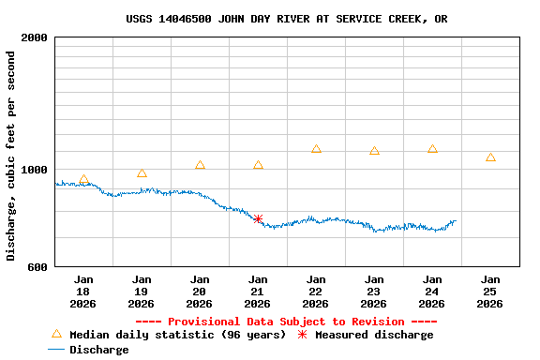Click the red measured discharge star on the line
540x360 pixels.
click(x=258, y=218)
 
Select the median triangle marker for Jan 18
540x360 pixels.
click(x=83, y=180)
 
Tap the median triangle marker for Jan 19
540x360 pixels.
click(x=142, y=173)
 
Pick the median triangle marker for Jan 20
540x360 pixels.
click(x=200, y=165)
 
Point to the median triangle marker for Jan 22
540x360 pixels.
click(x=316, y=149)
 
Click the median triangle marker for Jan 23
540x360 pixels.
click(x=374, y=151)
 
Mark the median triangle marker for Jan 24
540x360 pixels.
click(x=432, y=149)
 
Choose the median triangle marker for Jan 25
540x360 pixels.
click(x=490, y=157)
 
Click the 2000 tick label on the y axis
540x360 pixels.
click(x=34, y=38)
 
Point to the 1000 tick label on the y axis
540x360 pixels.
click(x=34, y=170)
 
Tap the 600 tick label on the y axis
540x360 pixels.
click(x=37, y=267)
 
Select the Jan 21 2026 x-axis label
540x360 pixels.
click(x=258, y=292)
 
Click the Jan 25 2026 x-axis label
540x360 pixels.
click(x=490, y=292)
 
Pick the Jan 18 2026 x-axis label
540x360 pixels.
click(x=83, y=292)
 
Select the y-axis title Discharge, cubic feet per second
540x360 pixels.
click(x=11, y=156)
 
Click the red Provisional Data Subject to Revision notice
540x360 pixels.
click(x=279, y=322)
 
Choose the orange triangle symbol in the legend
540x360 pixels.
click(x=56, y=334)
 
